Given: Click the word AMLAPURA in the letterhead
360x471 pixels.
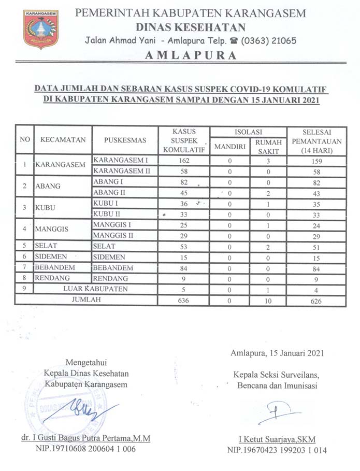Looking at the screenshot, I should (191, 55).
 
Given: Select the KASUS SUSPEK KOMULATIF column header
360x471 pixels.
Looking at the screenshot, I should (185, 140).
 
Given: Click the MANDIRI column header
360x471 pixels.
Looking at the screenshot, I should (229, 147).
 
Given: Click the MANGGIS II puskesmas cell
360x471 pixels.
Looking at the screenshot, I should (113, 236).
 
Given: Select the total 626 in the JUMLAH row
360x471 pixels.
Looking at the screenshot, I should (317, 300).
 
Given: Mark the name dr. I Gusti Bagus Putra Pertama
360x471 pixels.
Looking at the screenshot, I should (86, 438).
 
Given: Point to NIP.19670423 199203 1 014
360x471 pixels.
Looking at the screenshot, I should (277, 450).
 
